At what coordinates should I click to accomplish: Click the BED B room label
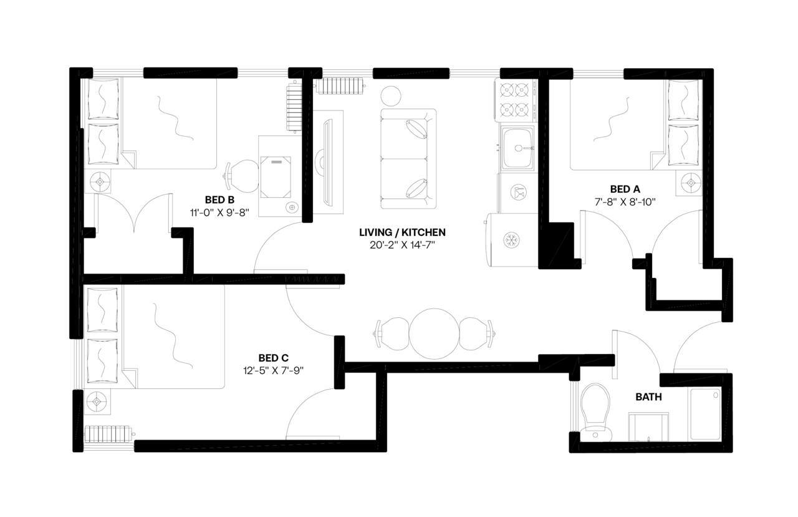click(219, 200)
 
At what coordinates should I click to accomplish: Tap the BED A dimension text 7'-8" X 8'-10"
click(625, 202)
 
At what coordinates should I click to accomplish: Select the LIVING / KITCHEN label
click(402, 232)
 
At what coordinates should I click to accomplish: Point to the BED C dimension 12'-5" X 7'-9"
click(273, 370)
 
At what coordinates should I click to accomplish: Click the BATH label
click(648, 397)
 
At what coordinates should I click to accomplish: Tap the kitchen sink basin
click(518, 148)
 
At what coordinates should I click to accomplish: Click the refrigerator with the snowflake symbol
click(511, 240)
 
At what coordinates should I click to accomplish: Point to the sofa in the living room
click(408, 159)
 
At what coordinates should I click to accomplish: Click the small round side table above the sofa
click(392, 95)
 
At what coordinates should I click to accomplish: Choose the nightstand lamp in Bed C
click(97, 401)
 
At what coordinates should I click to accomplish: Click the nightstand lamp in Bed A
click(691, 183)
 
